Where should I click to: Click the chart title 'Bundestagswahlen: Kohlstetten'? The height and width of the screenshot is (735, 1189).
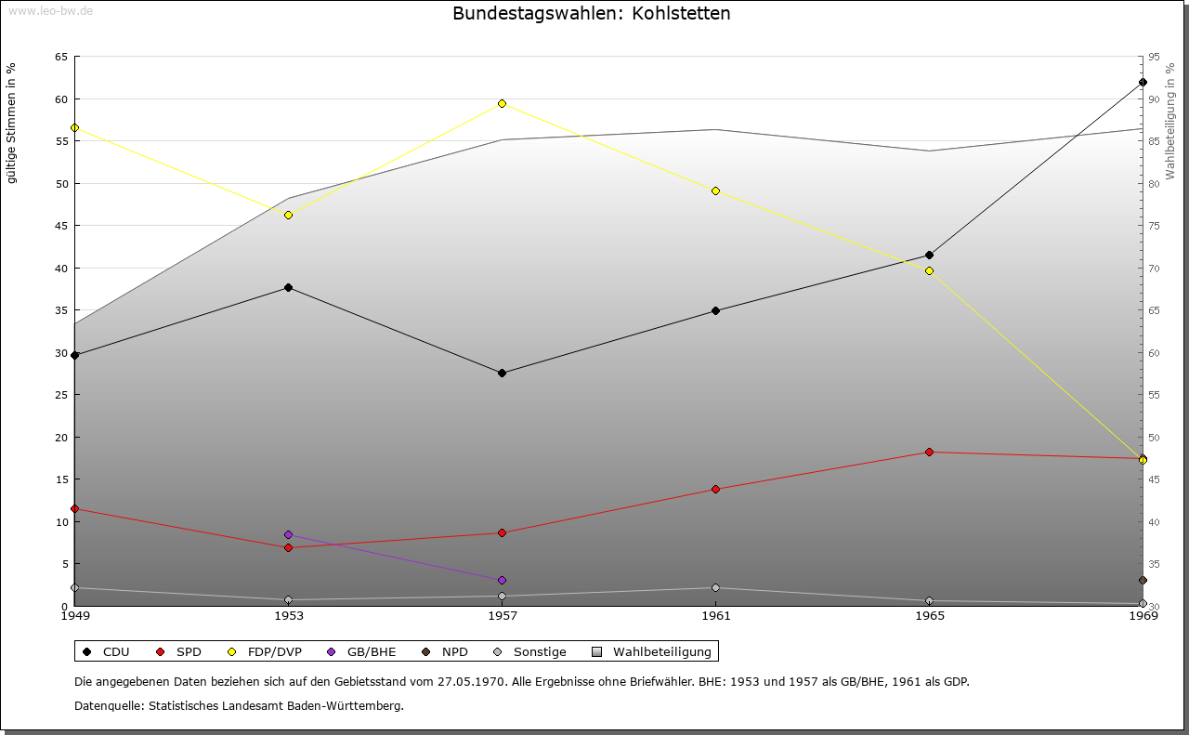click(592, 13)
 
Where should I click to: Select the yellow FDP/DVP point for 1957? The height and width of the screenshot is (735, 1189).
click(503, 103)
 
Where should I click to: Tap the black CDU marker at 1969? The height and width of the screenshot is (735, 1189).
click(1143, 83)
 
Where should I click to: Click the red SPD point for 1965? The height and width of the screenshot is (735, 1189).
click(930, 452)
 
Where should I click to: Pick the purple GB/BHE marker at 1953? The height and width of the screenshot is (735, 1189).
click(289, 535)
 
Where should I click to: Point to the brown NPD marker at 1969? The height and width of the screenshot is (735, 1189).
click(1143, 581)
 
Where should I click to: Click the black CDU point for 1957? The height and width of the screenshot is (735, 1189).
click(503, 374)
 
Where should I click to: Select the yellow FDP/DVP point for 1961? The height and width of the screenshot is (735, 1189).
click(715, 191)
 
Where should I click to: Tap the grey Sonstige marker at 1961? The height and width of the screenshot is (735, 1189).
click(715, 588)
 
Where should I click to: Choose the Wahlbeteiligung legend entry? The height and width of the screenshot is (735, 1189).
click(652, 652)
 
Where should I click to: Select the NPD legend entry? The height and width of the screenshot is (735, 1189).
click(445, 652)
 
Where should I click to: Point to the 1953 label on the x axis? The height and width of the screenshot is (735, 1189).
click(289, 616)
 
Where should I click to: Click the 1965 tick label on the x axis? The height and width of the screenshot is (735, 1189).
click(930, 616)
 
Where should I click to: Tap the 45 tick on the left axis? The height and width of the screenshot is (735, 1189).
click(61, 226)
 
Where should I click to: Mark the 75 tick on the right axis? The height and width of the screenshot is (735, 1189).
click(1154, 226)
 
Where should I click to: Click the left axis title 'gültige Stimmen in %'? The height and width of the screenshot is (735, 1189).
click(11, 124)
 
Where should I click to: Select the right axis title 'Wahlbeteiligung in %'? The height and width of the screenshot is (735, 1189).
click(1170, 121)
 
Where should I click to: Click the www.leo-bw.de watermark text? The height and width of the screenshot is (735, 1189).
click(50, 11)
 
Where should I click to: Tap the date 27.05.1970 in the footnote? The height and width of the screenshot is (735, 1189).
click(471, 682)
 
